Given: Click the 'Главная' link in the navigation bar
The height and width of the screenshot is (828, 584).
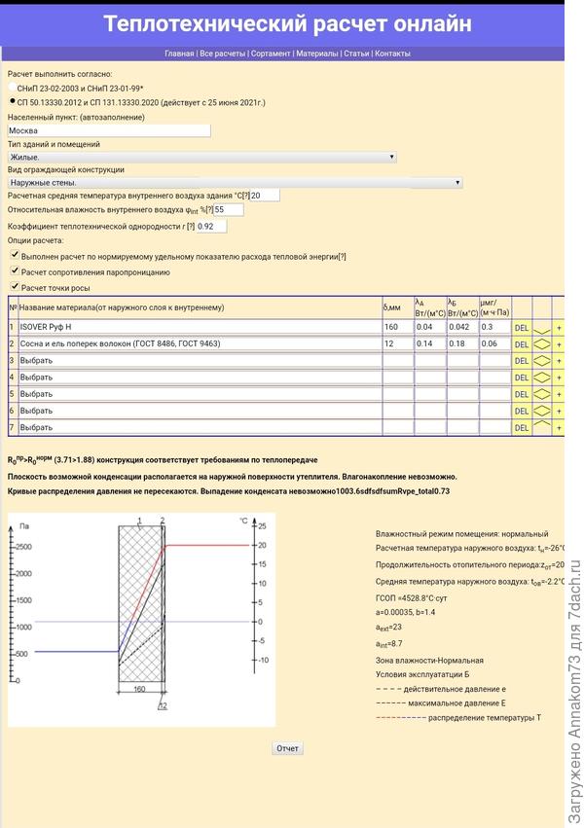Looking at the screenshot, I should (179, 54).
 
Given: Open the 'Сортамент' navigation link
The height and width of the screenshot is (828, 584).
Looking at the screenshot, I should (270, 54).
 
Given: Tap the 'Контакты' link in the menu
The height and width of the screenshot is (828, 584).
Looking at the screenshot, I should (392, 54).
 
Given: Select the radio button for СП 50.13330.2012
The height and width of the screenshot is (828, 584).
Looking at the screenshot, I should (12, 101).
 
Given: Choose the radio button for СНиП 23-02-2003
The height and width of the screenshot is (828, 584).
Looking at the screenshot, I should (12, 88).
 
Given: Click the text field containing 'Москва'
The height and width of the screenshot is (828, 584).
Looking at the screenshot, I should (108, 129).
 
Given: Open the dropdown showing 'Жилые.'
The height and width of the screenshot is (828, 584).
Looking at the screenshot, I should (201, 157).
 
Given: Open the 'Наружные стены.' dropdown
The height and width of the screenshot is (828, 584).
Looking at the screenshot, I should (235, 182).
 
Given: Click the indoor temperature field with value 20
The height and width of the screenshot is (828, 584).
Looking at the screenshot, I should (264, 196).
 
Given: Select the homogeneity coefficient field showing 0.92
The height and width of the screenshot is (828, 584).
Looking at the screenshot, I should (210, 226).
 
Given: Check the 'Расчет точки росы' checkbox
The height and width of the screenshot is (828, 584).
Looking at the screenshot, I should (14, 287).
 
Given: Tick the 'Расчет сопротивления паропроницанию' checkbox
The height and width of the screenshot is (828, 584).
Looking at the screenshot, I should (14, 271).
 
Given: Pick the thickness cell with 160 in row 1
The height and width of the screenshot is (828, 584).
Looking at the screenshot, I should (396, 327).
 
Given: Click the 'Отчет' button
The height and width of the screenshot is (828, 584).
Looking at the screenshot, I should (287, 748).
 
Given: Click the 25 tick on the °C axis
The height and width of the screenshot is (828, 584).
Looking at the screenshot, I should (261, 526).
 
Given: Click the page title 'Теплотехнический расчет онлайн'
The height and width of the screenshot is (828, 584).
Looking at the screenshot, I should (287, 23).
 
